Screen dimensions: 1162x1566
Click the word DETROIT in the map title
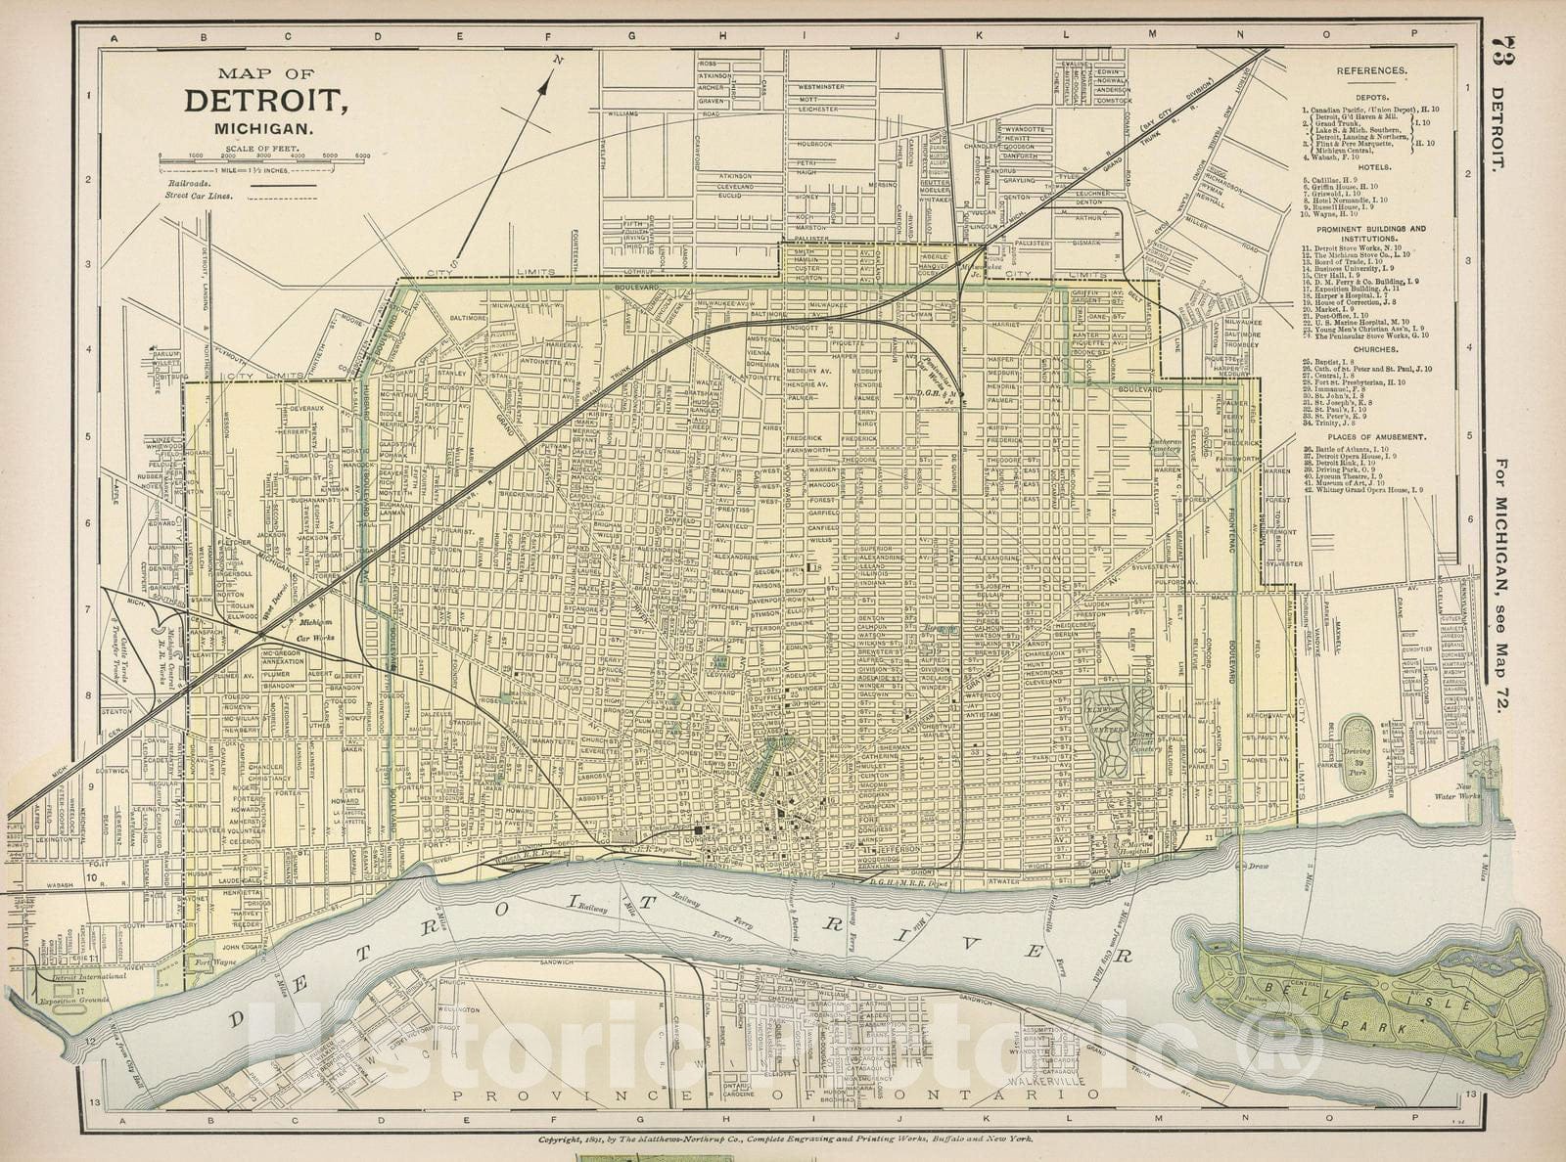[264, 101]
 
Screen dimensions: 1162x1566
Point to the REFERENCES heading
[1372, 71]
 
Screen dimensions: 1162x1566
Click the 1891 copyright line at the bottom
[779, 1140]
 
